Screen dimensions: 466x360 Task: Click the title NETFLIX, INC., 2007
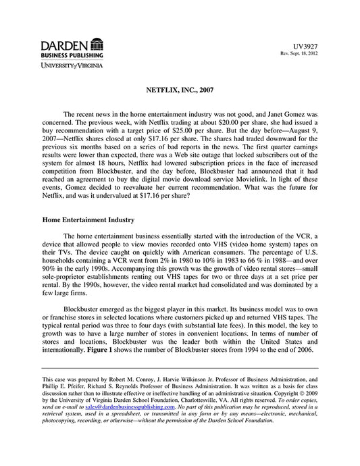click(180, 89)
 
